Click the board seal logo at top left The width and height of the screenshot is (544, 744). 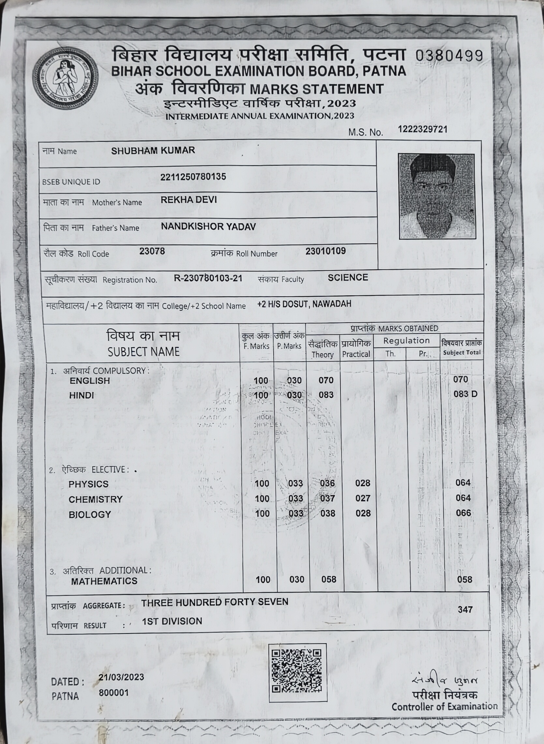pos(65,78)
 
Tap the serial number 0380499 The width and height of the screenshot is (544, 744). pos(449,56)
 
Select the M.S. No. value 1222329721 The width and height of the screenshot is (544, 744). pos(422,129)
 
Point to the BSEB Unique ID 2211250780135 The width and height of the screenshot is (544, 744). pos(193,177)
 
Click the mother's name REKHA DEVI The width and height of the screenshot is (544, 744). pos(189,200)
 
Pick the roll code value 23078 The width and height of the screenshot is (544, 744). pos(152,251)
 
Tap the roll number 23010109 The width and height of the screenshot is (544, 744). pos(325,251)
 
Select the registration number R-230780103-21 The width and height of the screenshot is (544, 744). pos(208,278)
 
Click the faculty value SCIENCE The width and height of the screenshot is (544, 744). pos(348,277)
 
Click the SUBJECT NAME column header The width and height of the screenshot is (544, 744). pos(143,352)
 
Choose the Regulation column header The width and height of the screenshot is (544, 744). pos(406,341)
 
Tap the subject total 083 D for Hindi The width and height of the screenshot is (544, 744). pos(465,394)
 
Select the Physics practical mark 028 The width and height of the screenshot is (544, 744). pos(363,483)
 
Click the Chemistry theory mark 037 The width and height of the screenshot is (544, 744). pos(327,498)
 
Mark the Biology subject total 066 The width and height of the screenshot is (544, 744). pos(463,513)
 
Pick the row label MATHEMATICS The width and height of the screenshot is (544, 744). pos(104,581)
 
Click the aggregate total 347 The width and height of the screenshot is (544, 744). pos(465,610)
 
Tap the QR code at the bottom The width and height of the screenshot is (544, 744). pos(297,672)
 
